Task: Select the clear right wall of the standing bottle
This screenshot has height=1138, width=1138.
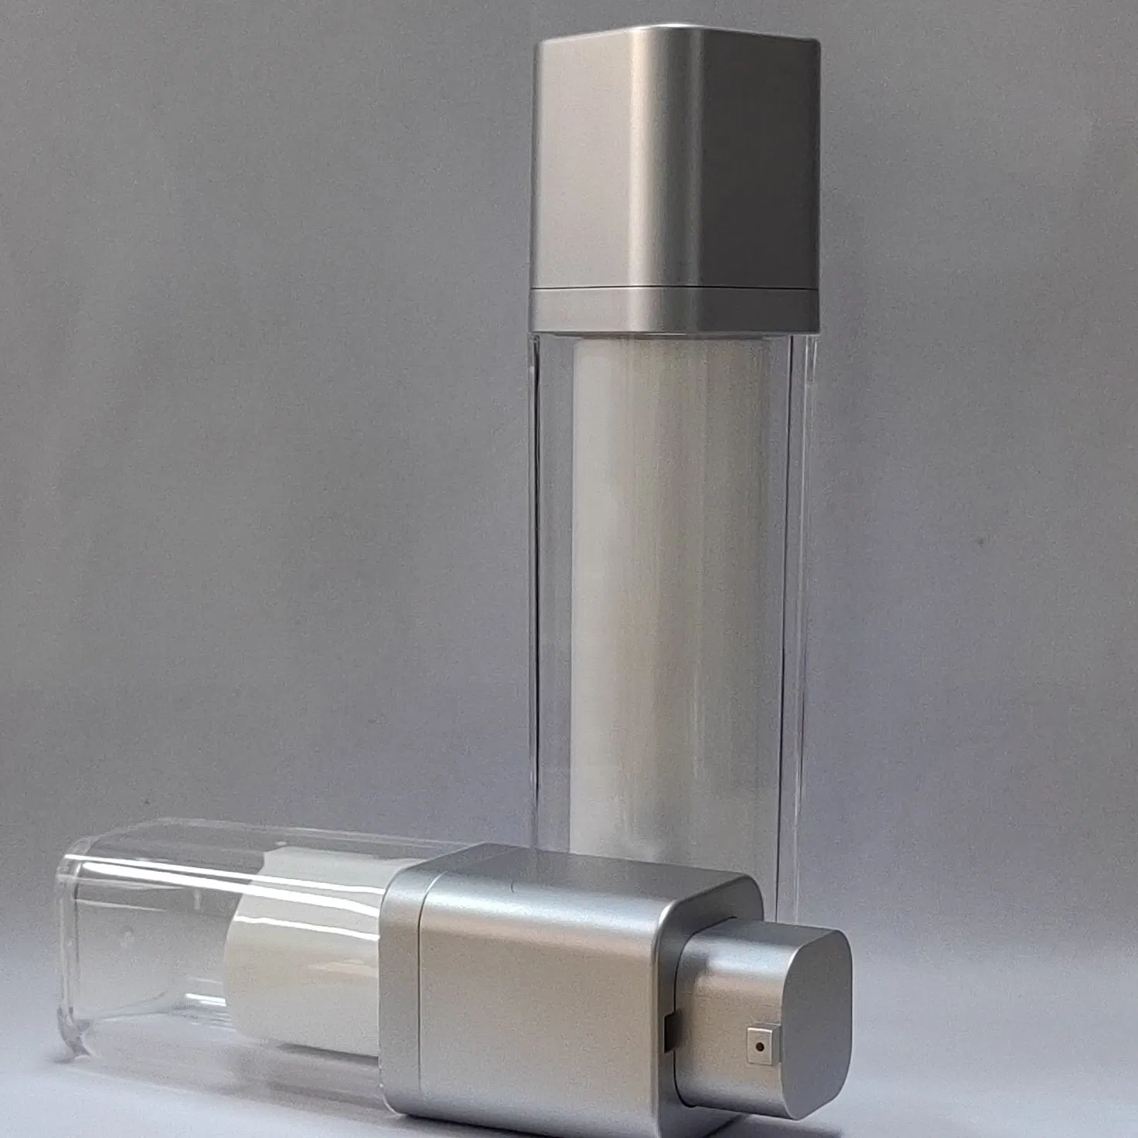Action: point(796,580)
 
